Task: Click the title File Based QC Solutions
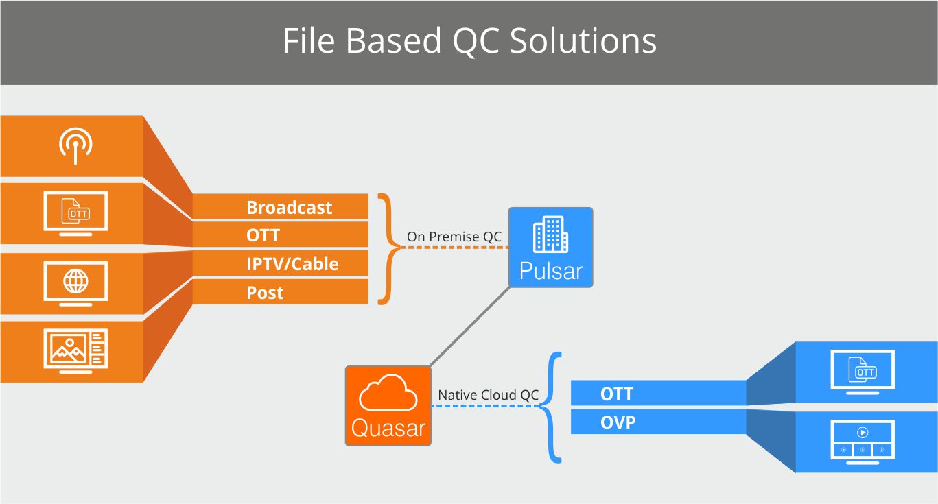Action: (x=469, y=41)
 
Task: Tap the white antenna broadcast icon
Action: (x=75, y=145)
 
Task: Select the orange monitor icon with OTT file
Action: (x=75, y=213)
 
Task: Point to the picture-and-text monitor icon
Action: (x=75, y=350)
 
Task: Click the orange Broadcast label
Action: (x=289, y=208)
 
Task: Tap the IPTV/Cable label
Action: (x=292, y=264)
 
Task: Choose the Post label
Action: (x=265, y=293)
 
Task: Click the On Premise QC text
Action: (x=454, y=237)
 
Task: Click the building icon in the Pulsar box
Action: (x=550, y=235)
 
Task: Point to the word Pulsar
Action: (x=550, y=272)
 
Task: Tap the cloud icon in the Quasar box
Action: (x=388, y=393)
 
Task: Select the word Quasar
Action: (x=388, y=428)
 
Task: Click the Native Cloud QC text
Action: (x=488, y=395)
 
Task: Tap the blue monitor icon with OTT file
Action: (x=863, y=370)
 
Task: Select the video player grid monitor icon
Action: (x=863, y=442)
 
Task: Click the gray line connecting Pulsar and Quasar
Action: (x=470, y=326)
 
